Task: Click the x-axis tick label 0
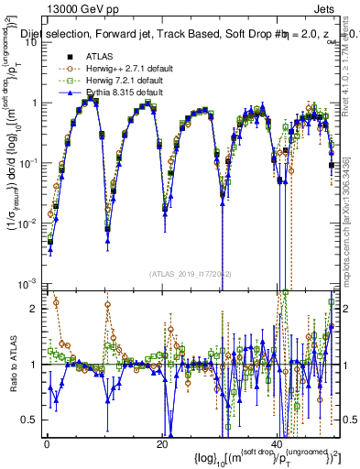point(47,443)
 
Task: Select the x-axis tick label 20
point(162,443)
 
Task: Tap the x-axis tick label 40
point(278,443)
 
